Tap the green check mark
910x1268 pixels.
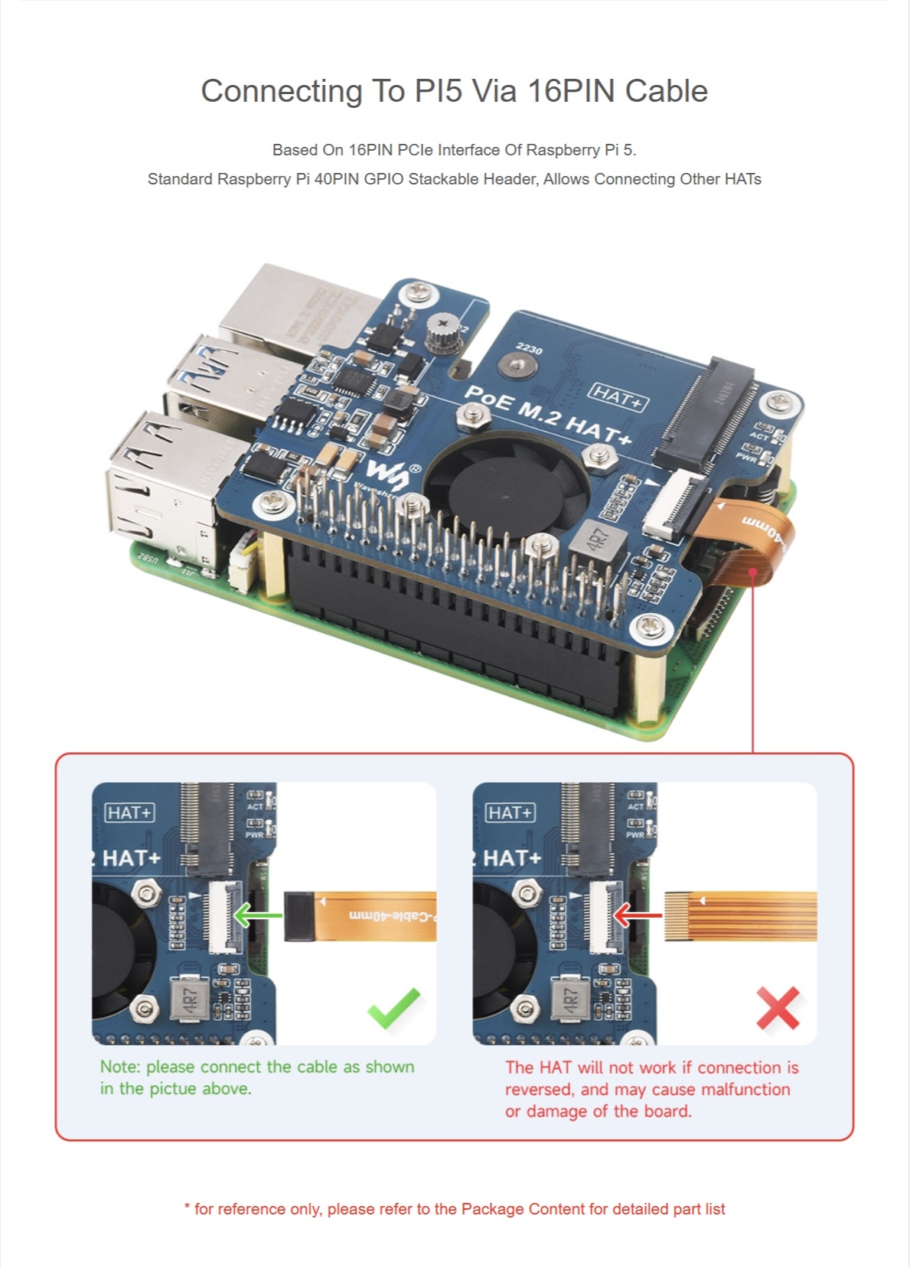pos(394,1008)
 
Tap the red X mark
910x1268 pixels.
pos(778,1008)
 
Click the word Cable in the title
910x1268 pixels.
pos(666,91)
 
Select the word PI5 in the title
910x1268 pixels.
pos(438,91)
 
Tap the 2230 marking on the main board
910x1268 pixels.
pos(529,348)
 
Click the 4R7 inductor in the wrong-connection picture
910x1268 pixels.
pos(571,999)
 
